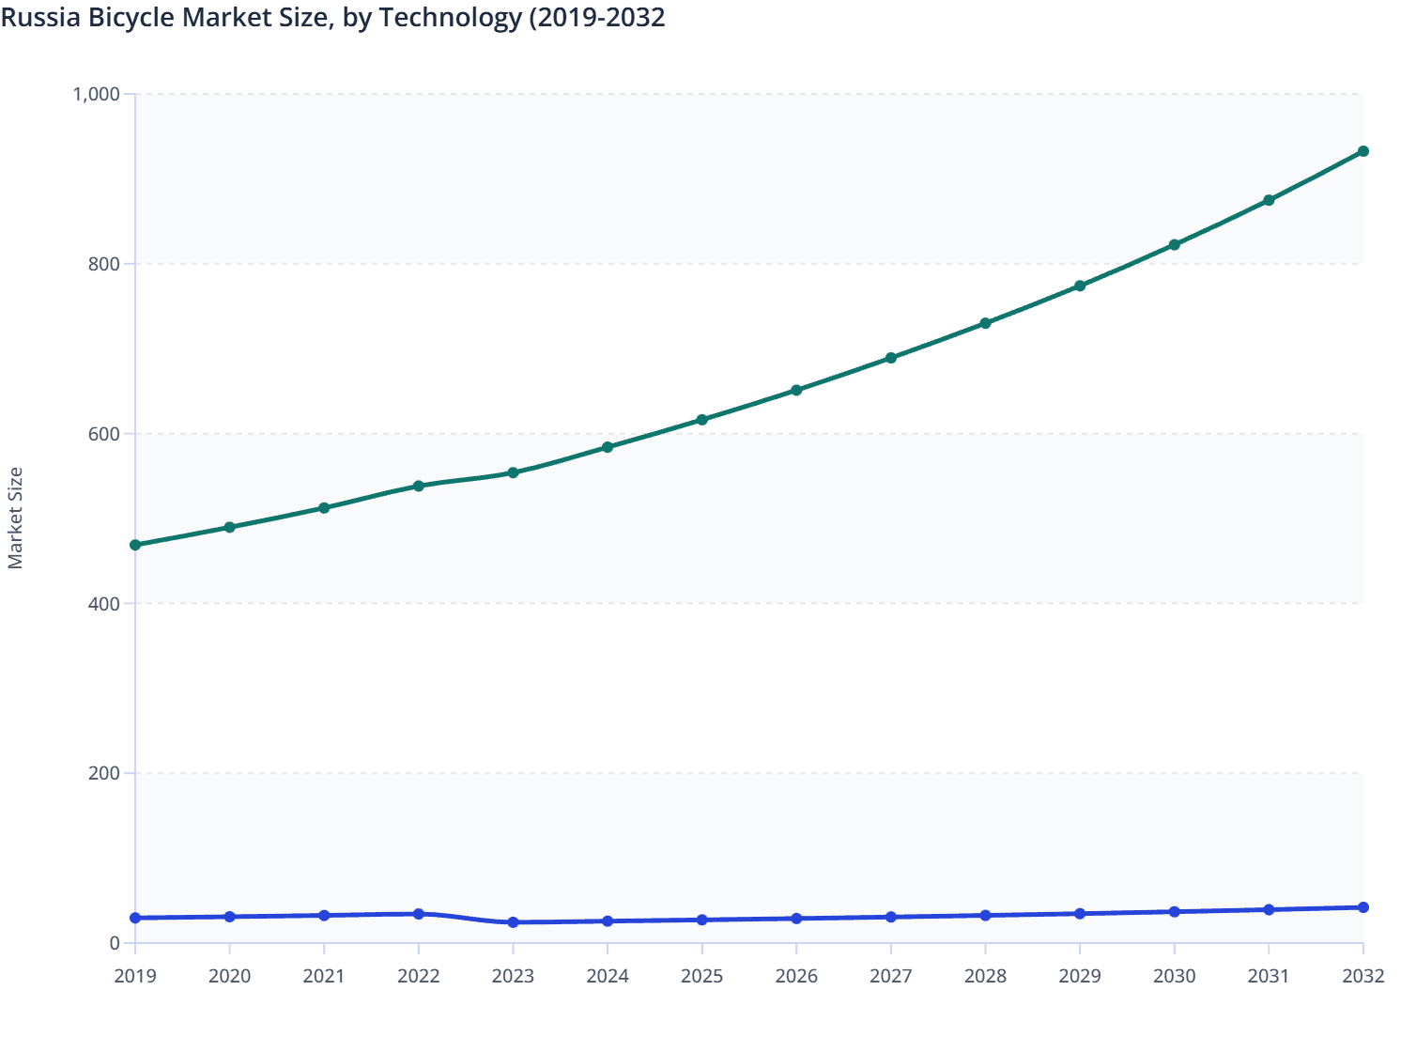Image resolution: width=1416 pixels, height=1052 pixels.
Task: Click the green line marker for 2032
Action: click(1362, 151)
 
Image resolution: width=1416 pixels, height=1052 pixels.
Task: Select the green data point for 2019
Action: click(135, 545)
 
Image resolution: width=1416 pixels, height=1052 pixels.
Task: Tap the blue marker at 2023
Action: click(513, 922)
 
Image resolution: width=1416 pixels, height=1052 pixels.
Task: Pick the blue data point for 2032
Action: click(1362, 907)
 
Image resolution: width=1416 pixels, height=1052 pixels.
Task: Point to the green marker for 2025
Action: click(701, 420)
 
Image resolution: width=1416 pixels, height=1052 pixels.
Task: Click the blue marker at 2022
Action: click(419, 914)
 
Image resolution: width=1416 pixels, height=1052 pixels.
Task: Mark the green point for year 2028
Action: click(985, 323)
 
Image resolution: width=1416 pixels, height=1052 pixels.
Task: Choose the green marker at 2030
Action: click(1174, 245)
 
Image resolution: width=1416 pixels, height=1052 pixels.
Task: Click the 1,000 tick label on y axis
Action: click(96, 94)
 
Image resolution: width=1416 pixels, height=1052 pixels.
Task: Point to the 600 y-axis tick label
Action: click(104, 434)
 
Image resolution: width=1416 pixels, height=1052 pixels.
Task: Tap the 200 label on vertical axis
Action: click(104, 774)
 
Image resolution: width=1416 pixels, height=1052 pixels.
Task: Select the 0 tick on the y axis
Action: click(115, 943)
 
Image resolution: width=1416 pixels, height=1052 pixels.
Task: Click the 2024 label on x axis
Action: click(608, 976)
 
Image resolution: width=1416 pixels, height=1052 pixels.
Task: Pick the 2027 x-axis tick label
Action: click(890, 976)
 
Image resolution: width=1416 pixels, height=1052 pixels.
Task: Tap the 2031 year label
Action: click(1269, 976)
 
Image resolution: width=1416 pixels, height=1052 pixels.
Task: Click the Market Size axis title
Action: click(15, 518)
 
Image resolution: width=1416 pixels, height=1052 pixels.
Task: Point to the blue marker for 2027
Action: click(890, 917)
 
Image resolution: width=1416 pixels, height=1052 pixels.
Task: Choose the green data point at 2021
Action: click(324, 508)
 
